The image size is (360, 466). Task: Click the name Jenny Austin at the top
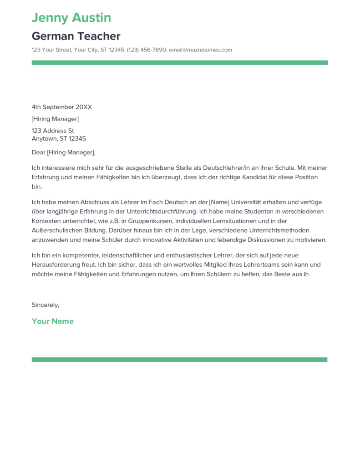coord(71,18)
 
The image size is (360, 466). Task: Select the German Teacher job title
coord(76,36)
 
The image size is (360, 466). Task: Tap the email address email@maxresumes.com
coord(200,50)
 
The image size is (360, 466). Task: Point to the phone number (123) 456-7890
coord(147,50)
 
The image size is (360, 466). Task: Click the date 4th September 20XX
coord(61,107)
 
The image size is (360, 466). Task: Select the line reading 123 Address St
coord(52,131)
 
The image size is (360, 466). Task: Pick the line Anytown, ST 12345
coord(59,139)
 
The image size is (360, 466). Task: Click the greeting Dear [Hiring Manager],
coord(64,152)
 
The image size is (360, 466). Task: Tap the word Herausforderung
coord(56,264)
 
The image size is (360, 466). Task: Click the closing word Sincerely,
coord(46,305)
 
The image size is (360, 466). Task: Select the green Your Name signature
coord(53,321)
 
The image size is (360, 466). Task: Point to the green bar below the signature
coord(179,360)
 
